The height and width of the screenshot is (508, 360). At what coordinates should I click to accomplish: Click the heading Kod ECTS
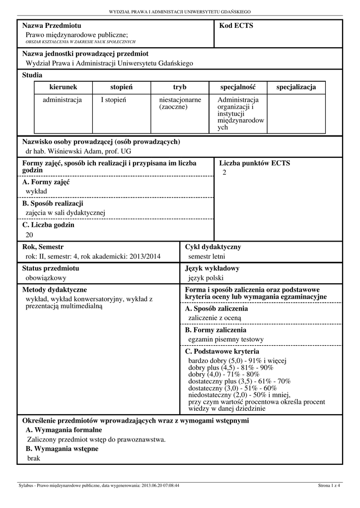(x=236, y=26)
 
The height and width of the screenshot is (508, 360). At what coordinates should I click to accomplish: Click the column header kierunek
(x=63, y=87)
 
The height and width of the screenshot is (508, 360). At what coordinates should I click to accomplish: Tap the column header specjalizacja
(x=296, y=87)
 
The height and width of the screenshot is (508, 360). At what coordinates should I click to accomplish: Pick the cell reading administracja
(x=62, y=100)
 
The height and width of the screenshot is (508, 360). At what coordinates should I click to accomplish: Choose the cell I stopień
(x=114, y=100)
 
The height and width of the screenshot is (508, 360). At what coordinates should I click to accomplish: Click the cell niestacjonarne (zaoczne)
(x=176, y=103)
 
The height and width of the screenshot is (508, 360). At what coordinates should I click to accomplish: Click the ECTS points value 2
(x=224, y=172)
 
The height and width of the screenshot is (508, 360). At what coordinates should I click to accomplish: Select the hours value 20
(x=29, y=235)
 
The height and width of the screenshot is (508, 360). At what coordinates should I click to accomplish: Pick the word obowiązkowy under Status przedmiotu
(x=46, y=278)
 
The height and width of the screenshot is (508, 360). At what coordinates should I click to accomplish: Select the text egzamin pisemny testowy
(x=226, y=339)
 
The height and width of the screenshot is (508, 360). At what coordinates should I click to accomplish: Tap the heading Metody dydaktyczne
(x=55, y=290)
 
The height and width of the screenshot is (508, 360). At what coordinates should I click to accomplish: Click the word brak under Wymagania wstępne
(x=34, y=458)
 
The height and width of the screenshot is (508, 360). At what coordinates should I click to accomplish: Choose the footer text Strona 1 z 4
(x=329, y=485)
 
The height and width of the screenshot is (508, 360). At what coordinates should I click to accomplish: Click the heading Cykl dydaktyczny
(x=213, y=247)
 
